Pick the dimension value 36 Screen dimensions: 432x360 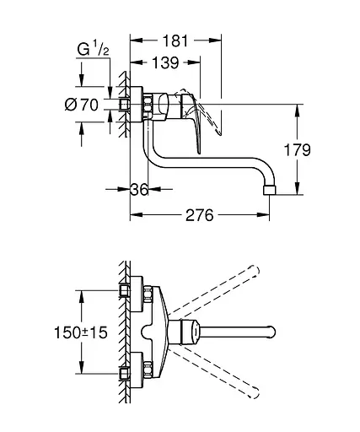139,191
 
